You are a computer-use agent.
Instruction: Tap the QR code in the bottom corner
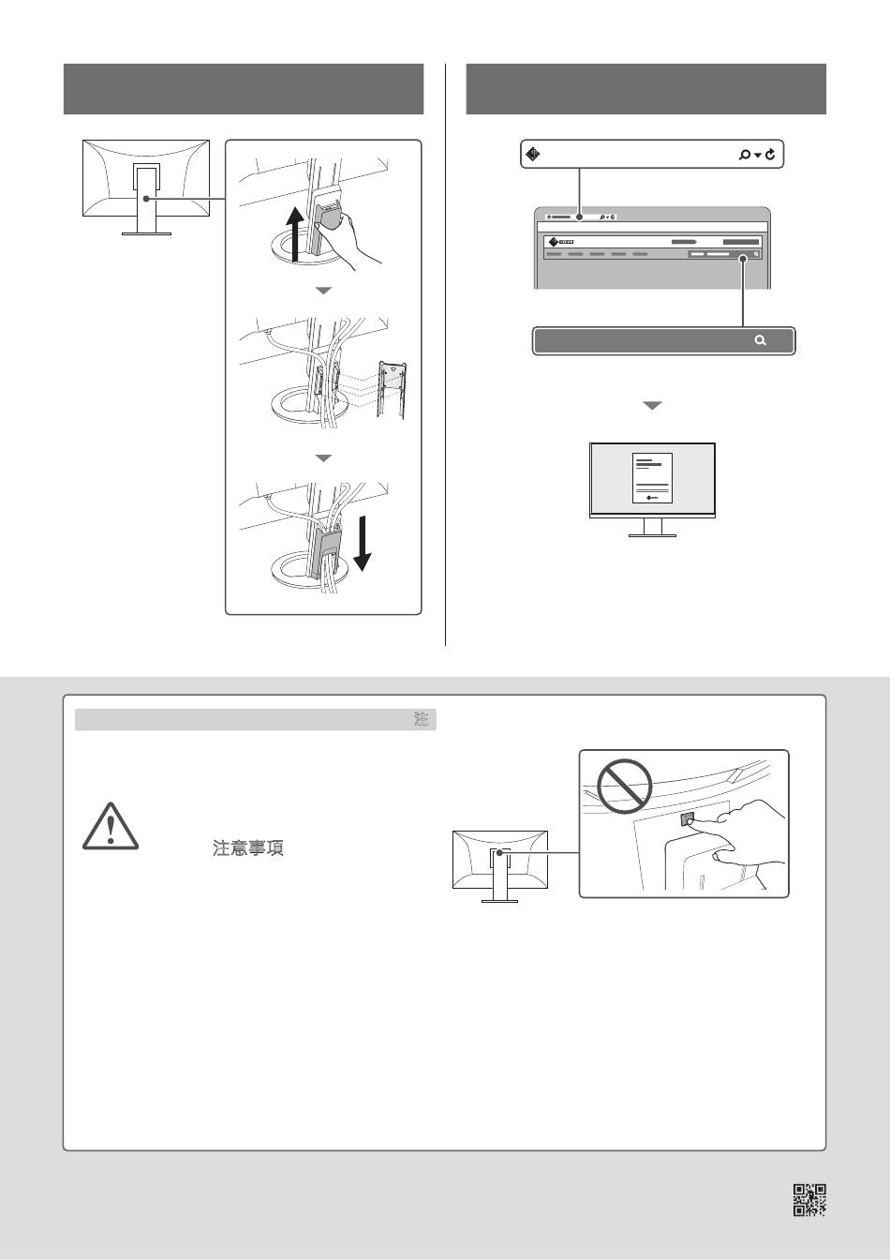point(810,1200)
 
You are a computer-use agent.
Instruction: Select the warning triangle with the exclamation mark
point(111,827)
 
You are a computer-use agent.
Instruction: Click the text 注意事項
point(248,848)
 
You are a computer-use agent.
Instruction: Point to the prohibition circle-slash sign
point(625,787)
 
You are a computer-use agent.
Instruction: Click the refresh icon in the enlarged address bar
point(770,155)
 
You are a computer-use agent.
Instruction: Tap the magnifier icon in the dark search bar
point(760,340)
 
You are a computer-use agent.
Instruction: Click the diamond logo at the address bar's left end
point(532,155)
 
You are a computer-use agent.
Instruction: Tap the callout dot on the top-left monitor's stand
point(146,199)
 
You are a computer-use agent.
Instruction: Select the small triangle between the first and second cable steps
point(323,292)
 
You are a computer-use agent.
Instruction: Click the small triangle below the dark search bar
point(652,406)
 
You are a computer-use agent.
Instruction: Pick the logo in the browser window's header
point(560,241)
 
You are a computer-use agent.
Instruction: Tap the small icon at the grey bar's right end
point(422,720)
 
